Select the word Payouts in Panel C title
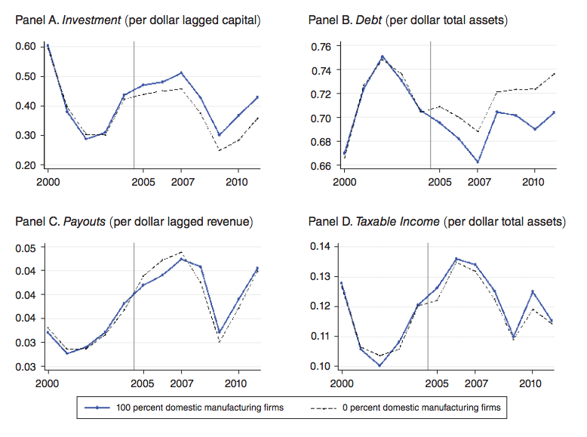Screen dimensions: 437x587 [85, 222]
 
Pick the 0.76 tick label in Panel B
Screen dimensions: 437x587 [321, 47]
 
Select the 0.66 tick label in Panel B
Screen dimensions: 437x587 [321, 165]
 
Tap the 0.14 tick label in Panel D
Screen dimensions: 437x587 [321, 246]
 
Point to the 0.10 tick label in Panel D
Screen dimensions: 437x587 [321, 366]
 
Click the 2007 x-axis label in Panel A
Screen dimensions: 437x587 [182, 183]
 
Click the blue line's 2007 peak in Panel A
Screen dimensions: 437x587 [182, 73]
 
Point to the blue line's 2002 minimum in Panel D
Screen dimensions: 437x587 [380, 365]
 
